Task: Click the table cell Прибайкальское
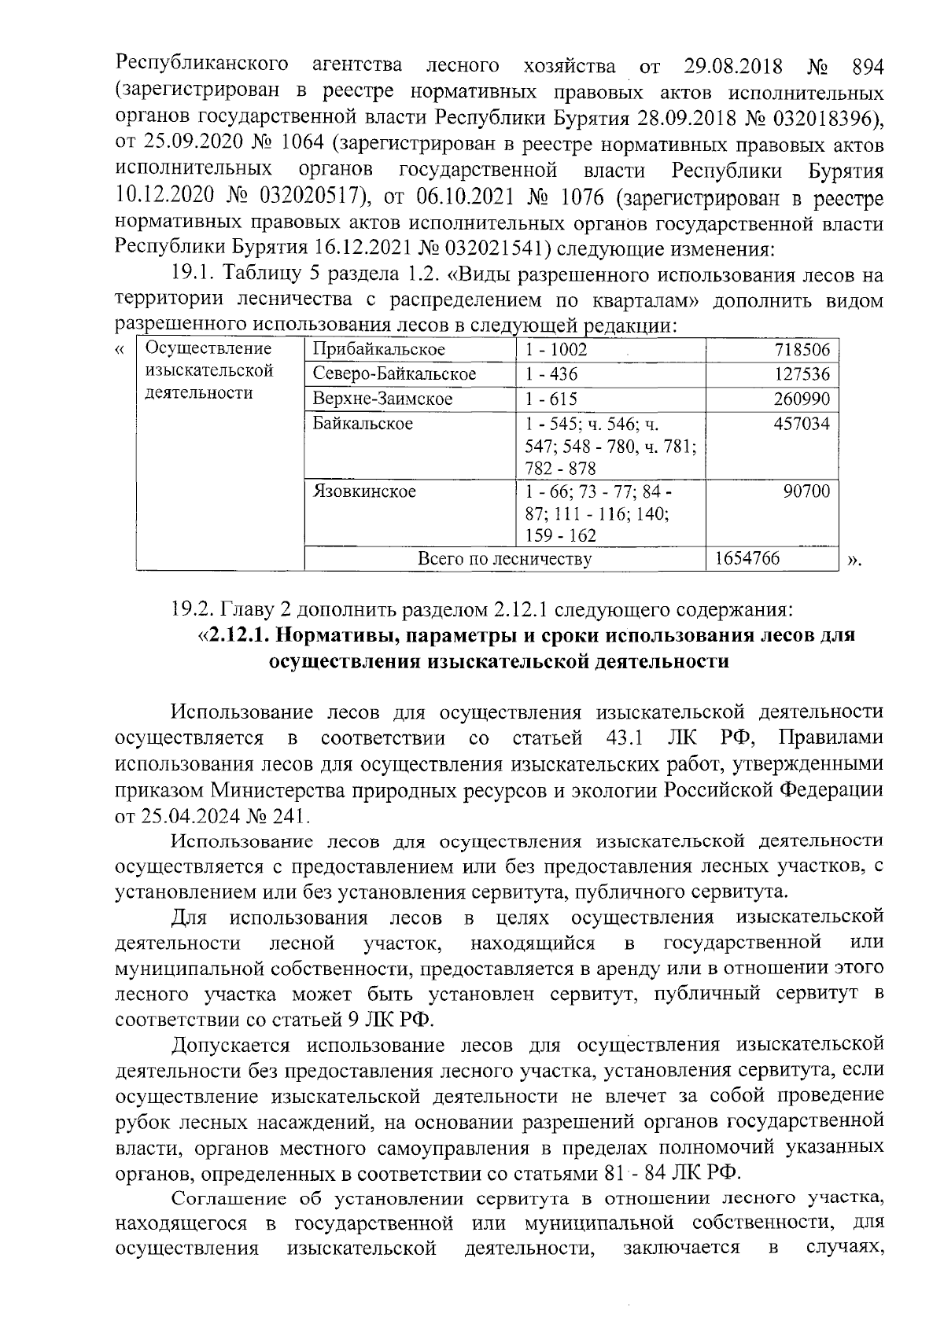(x=378, y=350)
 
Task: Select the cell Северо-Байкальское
(x=393, y=374)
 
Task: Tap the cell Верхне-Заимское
(x=382, y=399)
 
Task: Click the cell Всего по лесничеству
(x=503, y=559)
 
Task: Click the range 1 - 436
(x=551, y=374)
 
